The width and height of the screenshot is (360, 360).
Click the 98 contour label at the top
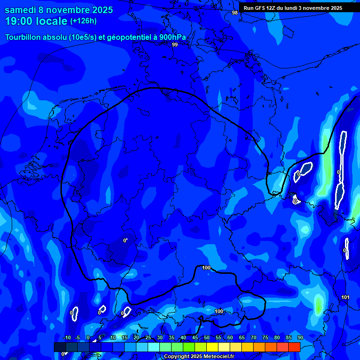235,13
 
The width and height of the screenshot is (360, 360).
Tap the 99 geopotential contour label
175,45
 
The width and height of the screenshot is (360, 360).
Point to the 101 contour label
345,297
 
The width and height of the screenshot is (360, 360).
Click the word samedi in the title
22,10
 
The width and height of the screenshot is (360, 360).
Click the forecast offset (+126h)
83,21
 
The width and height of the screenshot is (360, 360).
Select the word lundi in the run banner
293,8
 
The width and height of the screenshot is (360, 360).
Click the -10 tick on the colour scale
67,337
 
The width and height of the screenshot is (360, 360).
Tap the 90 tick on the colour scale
300,337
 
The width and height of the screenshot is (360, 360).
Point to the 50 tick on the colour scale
207,337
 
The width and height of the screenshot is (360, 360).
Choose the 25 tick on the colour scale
148,337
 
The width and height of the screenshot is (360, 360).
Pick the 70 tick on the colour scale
254,337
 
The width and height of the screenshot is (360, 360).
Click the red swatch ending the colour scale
294,347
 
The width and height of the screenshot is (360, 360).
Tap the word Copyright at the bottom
177,357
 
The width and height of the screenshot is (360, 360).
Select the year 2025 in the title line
99,10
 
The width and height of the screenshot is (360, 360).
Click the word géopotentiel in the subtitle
127,37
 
